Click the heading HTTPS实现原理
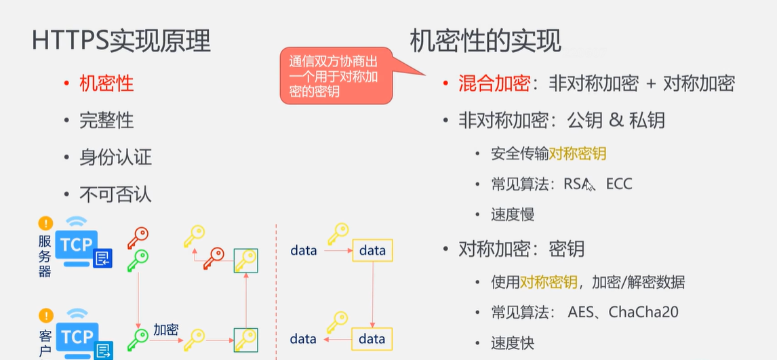[121, 41]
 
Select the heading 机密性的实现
[485, 41]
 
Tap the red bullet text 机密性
[106, 83]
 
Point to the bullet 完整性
[106, 121]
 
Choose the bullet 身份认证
[115, 158]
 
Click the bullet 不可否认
[115, 195]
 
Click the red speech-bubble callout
[334, 76]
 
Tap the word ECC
[618, 184]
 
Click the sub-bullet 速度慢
[513, 214]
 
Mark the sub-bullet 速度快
[513, 343]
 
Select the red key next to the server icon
[138, 238]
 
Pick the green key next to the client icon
[138, 337]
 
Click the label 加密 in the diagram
[165, 329]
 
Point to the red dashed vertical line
[276, 292]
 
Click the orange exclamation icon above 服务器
[45, 223]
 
